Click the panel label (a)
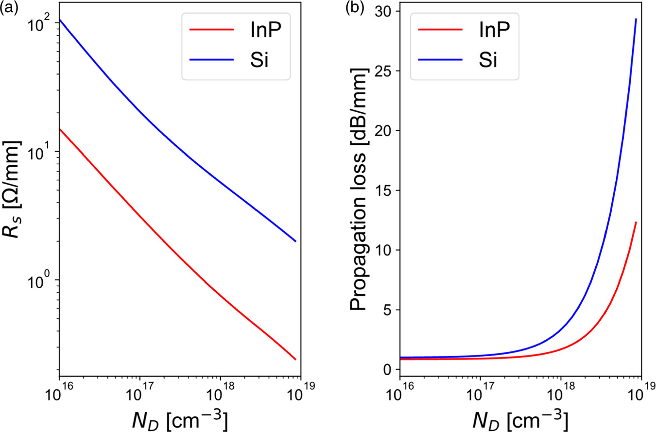click(8, 7)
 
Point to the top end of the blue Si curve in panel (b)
click(636, 19)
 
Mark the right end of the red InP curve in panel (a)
click(295, 360)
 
